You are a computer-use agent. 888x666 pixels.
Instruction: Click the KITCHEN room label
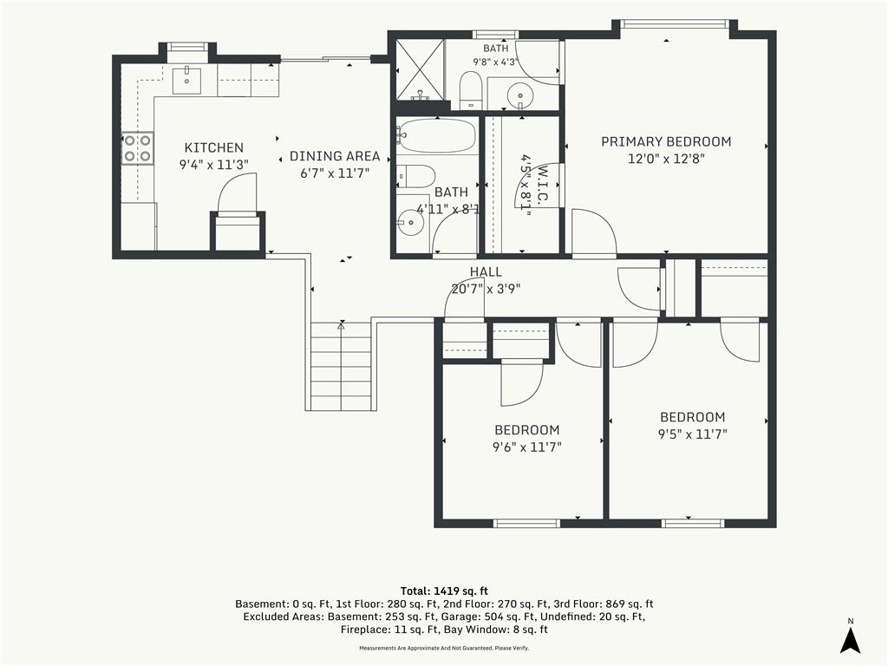[214, 147]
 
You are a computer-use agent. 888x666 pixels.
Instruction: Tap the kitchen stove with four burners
[138, 148]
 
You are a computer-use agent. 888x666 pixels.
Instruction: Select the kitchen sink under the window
[186, 79]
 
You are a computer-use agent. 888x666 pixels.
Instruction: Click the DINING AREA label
[335, 156]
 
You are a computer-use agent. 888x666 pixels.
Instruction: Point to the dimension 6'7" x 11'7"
[335, 173]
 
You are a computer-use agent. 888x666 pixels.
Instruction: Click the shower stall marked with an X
[419, 69]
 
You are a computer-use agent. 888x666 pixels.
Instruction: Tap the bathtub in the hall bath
[436, 135]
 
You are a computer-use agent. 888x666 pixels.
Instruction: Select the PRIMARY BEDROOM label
[666, 141]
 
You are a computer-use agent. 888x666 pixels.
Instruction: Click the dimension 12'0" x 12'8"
[666, 159]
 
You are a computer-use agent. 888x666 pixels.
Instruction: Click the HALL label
[486, 272]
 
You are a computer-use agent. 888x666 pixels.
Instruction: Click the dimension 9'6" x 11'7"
[526, 447]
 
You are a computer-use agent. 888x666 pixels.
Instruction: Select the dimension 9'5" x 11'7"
[693, 434]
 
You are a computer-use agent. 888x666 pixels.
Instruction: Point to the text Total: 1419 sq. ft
[444, 591]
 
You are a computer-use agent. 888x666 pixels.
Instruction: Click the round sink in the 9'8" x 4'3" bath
[519, 94]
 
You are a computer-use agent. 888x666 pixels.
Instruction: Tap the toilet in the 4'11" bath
[415, 176]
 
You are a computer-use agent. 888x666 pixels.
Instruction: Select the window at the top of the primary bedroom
[673, 23]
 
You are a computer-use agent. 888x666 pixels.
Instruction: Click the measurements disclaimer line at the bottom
[444, 648]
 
